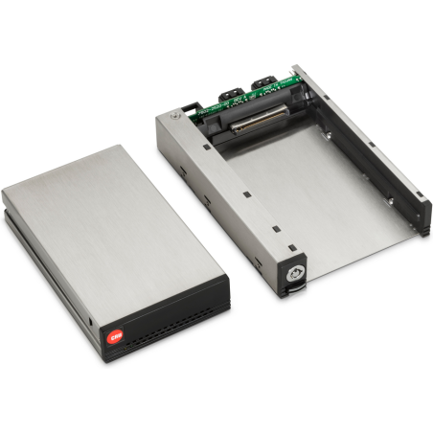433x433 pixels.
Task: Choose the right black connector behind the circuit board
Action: [265, 86]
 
